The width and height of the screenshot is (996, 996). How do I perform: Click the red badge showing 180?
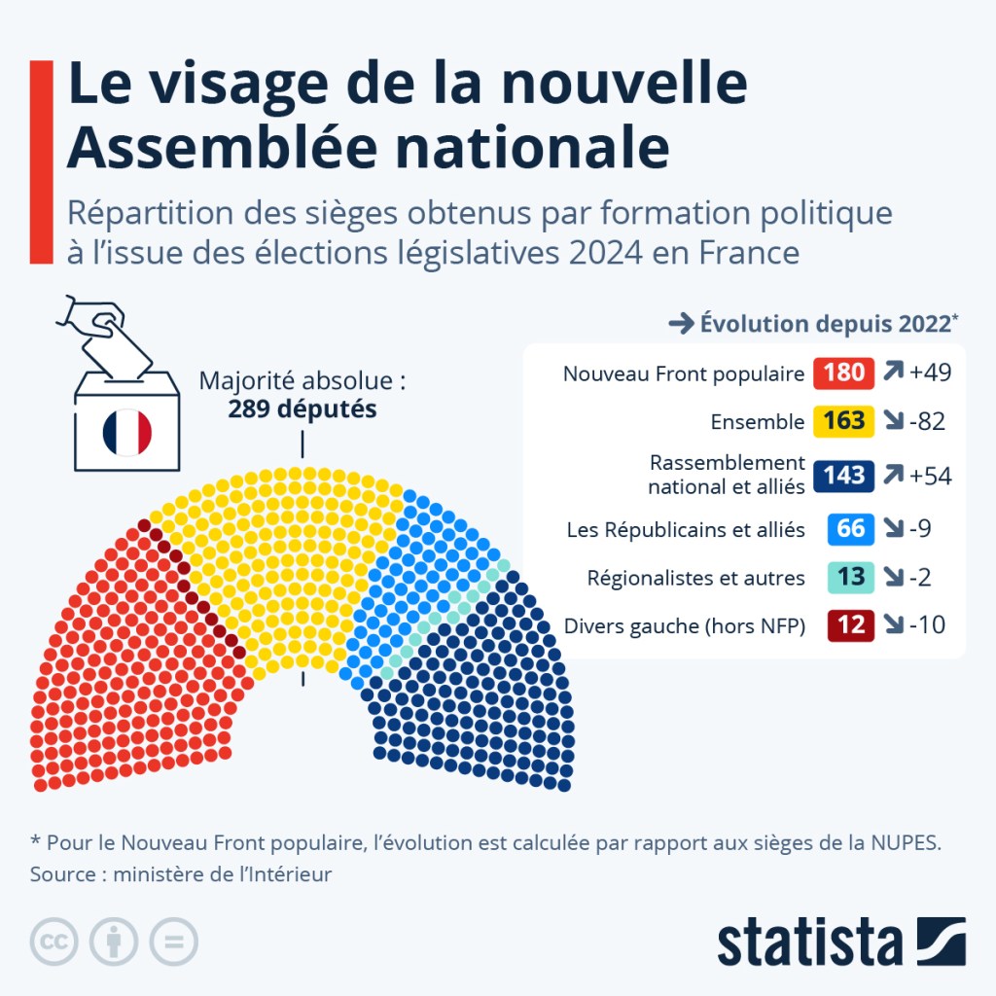tap(843, 373)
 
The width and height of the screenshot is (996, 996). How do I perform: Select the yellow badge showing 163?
tap(843, 421)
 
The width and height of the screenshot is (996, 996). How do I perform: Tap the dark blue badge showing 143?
tap(843, 475)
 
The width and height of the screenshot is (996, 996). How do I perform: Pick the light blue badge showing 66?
tap(850, 529)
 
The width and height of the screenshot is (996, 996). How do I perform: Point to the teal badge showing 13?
tap(850, 577)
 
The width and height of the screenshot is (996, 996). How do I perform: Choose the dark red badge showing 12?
tap(850, 625)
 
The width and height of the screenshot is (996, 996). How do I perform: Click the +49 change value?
tap(930, 373)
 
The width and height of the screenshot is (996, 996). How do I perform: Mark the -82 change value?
tap(927, 421)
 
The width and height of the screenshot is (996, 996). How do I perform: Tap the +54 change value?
tap(930, 475)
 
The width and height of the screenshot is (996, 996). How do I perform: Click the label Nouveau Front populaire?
tap(684, 373)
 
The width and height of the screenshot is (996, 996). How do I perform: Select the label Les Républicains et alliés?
tap(686, 530)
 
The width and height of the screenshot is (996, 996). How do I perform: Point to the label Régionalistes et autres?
tap(695, 578)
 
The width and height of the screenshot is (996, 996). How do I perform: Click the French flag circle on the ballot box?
tap(127, 432)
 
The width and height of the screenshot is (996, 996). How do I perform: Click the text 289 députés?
tap(302, 409)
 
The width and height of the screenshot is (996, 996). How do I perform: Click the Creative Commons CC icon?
tap(54, 942)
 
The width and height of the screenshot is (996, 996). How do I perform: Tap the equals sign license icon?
tap(173, 942)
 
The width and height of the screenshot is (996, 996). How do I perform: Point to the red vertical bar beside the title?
tap(41, 161)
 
